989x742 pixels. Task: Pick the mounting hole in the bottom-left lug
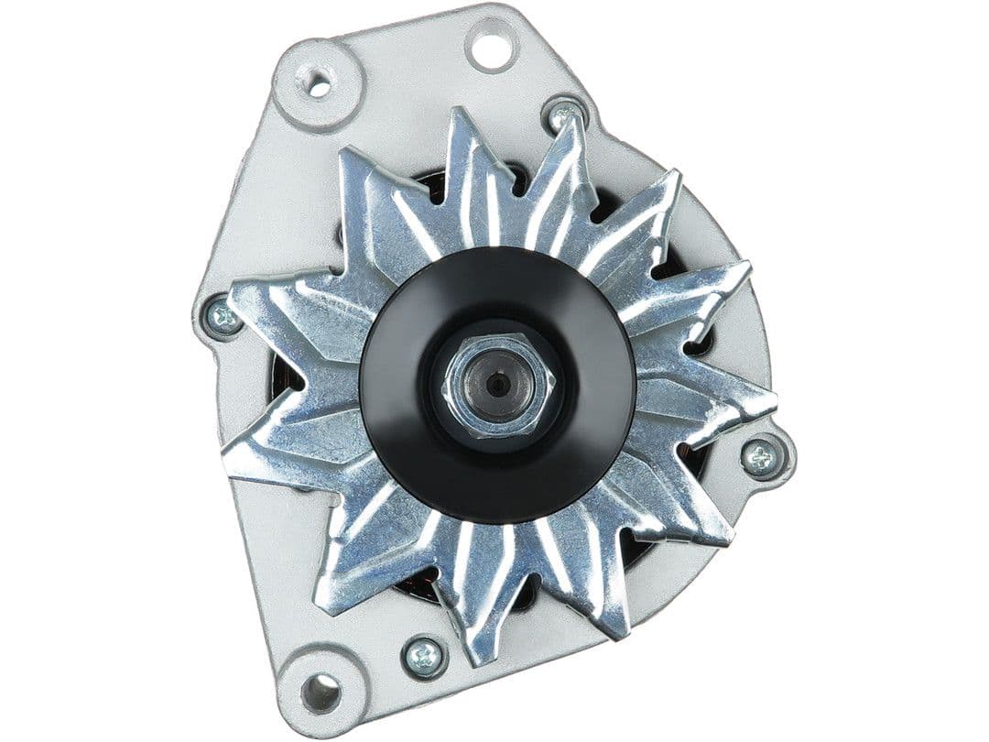(320, 692)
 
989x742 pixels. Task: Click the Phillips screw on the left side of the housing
(223, 316)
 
